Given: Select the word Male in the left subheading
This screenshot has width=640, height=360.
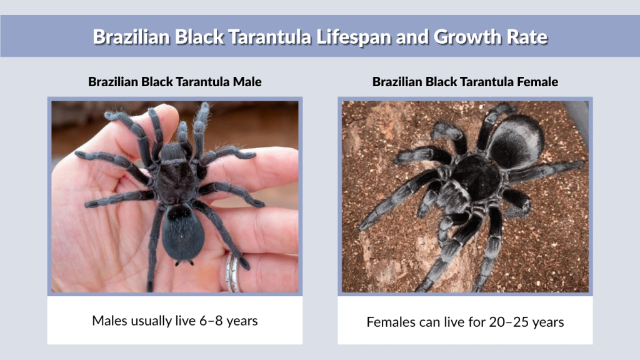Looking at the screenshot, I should tap(247, 82).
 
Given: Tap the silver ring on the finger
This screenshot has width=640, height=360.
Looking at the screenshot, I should tap(233, 273).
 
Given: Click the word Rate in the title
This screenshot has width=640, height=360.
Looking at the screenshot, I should tap(526, 37).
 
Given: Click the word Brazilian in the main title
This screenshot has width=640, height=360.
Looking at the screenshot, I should tap(131, 37).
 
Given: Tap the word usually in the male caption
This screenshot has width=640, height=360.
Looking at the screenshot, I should tap(151, 321).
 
